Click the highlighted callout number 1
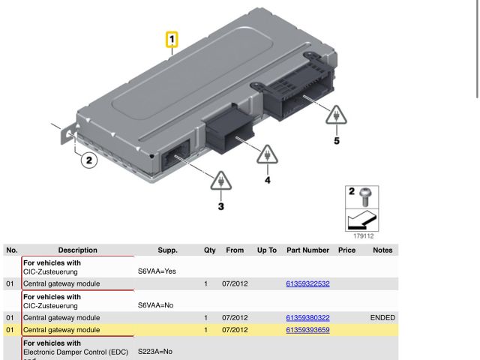point(172,38)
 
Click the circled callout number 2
point(88,160)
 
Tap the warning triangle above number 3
point(220,181)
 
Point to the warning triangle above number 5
point(336,114)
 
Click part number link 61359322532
point(307,284)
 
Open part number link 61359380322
point(307,318)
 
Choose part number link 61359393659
point(307,330)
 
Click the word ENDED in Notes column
point(382,318)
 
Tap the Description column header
point(78,250)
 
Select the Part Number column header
point(307,250)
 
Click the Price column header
point(346,250)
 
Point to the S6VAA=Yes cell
point(157,271)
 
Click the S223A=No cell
point(155,351)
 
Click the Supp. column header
point(168,250)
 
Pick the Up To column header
point(267,250)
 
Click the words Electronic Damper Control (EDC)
point(76,351)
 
